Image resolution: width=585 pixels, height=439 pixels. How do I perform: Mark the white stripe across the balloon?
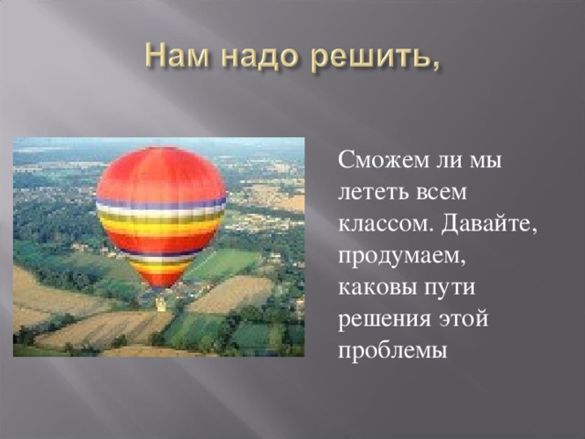pyautogui.click(x=161, y=209)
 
